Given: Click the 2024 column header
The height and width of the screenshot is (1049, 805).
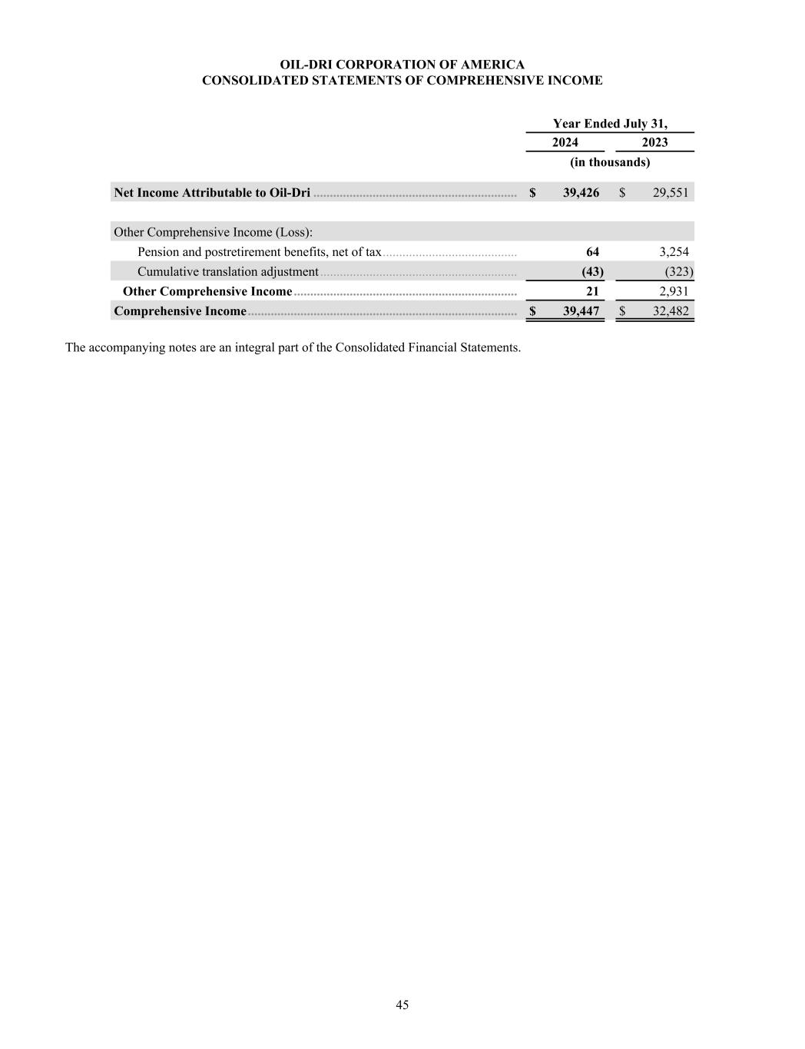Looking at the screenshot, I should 565,142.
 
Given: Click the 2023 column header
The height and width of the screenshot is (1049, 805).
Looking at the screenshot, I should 654,142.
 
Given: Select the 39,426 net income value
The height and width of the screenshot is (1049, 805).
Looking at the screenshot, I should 581,192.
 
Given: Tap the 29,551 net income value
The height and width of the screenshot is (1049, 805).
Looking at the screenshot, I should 670,192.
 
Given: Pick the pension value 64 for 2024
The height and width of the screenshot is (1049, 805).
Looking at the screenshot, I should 592,252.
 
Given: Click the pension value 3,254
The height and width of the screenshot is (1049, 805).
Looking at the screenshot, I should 674,252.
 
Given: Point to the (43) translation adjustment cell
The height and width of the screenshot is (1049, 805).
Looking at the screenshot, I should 593,271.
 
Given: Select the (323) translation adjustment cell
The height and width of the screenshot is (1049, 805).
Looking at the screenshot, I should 679,271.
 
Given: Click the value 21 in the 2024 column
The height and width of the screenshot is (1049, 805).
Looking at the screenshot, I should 592,291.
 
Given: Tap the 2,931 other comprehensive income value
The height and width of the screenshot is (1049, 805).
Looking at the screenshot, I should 674,291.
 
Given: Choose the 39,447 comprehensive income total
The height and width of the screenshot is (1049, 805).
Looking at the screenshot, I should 581,311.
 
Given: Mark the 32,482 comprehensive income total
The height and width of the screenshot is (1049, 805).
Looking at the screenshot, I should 670,311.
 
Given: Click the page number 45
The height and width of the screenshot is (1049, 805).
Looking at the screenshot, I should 402,1004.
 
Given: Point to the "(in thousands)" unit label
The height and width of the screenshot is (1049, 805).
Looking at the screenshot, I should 610,162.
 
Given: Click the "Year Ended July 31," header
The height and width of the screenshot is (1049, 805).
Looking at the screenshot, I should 610,123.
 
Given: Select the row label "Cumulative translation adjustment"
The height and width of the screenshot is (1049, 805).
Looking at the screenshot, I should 227,271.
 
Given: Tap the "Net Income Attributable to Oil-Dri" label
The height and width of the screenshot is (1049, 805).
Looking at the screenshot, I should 212,192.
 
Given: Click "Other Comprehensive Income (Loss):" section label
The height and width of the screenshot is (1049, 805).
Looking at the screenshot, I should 213,232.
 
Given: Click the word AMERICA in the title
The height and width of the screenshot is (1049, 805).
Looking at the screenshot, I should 495,65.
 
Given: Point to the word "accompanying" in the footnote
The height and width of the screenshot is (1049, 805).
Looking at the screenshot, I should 122,347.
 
